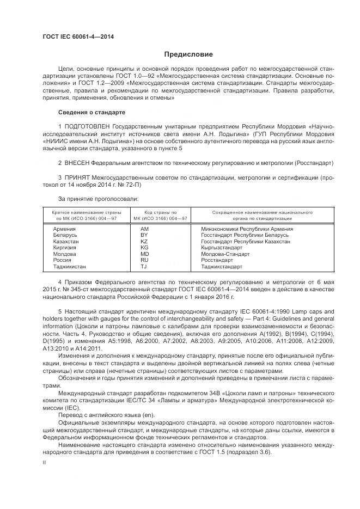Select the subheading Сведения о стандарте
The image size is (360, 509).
(x=91, y=112)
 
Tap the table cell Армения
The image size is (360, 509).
(x=64, y=229)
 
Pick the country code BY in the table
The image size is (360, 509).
(x=144, y=235)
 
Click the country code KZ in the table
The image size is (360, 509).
(x=144, y=241)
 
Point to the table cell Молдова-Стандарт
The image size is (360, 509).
(x=225, y=254)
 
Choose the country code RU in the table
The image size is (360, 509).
(x=144, y=260)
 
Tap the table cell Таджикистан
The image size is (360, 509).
(x=70, y=267)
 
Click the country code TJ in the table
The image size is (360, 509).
(x=144, y=267)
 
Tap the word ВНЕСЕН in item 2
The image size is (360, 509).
(x=77, y=163)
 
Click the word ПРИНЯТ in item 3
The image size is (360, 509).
(x=77, y=177)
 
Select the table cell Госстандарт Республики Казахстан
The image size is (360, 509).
(x=246, y=241)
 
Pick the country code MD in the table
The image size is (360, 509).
(x=144, y=254)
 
